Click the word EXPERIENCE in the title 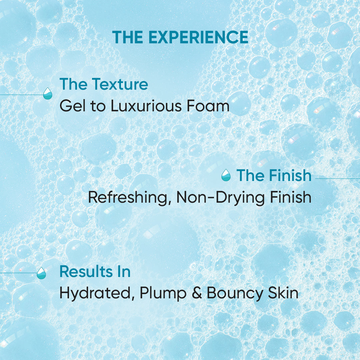click(198, 37)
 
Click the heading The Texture click(104, 84)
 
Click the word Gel click(71, 106)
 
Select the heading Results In click(95, 272)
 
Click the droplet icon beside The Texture click(48, 94)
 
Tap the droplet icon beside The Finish click(226, 175)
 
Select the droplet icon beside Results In click(41, 273)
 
